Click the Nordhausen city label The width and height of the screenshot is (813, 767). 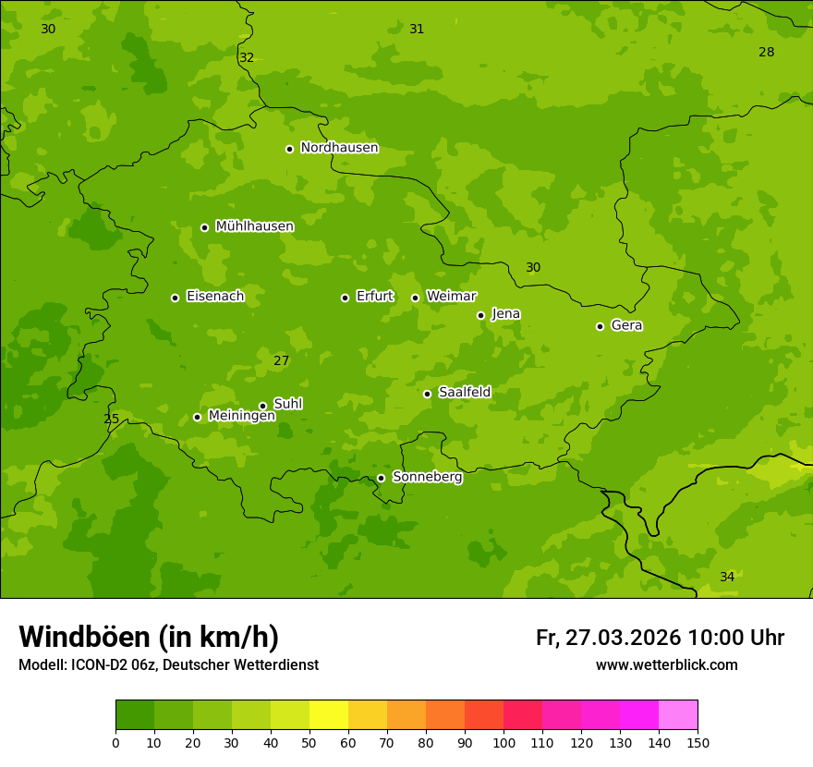[339, 148]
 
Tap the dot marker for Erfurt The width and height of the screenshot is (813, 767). [345, 298]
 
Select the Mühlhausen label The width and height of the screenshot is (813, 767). [254, 226]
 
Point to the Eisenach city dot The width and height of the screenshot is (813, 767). [175, 298]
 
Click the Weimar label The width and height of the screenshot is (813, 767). [451, 297]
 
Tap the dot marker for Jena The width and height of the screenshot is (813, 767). [480, 315]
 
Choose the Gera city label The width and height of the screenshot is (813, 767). [626, 325]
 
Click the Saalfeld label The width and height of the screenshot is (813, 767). [464, 393]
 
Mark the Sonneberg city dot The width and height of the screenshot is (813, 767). [381, 478]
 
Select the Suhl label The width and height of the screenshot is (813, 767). [287, 404]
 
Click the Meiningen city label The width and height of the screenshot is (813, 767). [241, 416]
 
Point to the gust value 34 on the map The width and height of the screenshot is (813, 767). [727, 577]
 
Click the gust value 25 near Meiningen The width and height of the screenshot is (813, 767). [111, 419]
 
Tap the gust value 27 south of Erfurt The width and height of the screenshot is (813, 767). [281, 360]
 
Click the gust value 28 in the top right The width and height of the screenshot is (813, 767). [766, 52]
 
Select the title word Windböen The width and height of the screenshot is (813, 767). [84, 637]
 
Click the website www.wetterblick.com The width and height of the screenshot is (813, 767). [666, 664]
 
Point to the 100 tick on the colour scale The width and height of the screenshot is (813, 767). [504, 741]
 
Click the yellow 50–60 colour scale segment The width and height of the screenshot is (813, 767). [329, 714]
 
